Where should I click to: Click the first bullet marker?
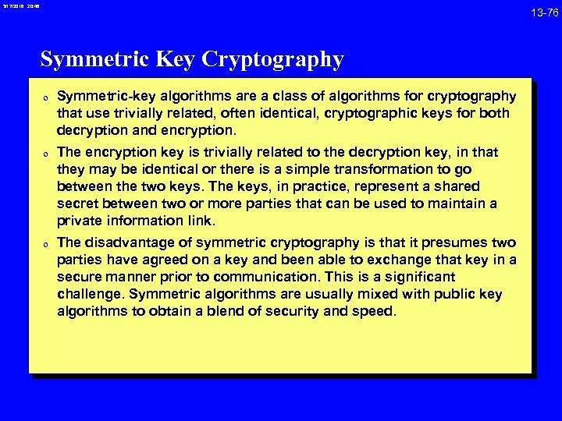[x=47, y=98]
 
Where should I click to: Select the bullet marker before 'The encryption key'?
[x=47, y=154]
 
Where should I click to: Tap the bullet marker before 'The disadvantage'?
[x=47, y=244]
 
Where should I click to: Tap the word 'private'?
[x=80, y=221]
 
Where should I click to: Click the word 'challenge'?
[x=91, y=295]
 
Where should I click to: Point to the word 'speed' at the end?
[x=376, y=312]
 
